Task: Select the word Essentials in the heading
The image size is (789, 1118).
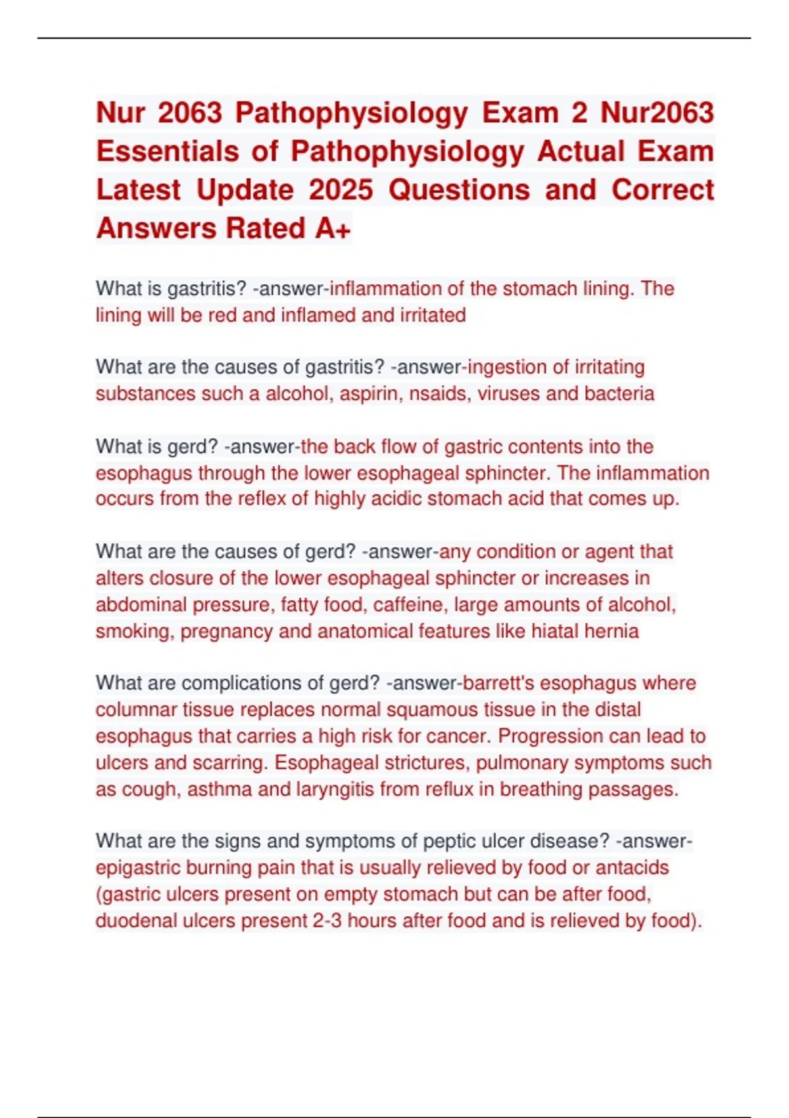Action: click(x=168, y=152)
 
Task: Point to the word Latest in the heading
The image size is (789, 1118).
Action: click(x=138, y=191)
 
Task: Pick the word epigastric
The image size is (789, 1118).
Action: click(x=138, y=868)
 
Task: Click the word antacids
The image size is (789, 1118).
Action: click(x=632, y=868)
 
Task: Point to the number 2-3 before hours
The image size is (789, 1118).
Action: click(x=327, y=921)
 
